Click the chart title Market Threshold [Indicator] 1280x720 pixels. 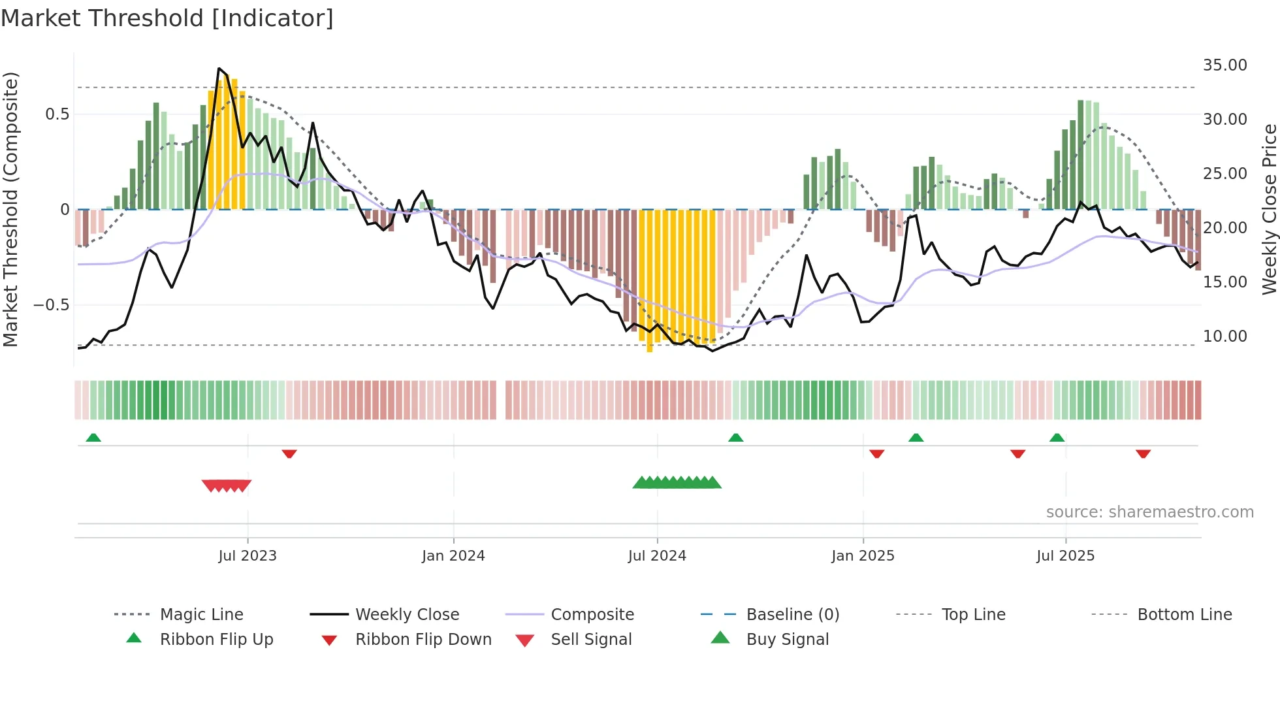(167, 18)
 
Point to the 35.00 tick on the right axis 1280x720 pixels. (1224, 65)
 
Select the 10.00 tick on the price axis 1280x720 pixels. (1224, 336)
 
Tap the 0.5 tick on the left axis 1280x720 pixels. (57, 114)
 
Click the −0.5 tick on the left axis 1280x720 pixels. (51, 305)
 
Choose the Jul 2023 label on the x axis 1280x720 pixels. (248, 556)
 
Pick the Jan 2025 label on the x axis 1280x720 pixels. (863, 556)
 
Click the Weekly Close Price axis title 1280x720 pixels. (1269, 209)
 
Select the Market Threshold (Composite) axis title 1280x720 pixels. (10, 209)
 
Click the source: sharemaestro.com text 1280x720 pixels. (1149, 512)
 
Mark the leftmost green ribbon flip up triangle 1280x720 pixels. (93, 438)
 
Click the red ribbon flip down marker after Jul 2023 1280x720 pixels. (289, 453)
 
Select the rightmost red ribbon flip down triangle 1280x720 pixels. (1143, 453)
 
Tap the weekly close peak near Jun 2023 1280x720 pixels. (219, 69)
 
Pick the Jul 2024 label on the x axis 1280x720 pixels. (657, 556)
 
